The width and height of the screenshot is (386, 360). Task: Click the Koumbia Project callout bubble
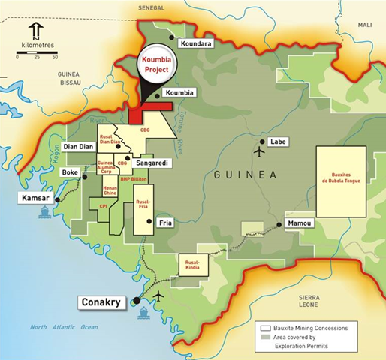point(158,64)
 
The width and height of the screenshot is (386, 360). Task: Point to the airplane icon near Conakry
point(158,295)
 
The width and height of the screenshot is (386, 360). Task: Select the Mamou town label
point(300,223)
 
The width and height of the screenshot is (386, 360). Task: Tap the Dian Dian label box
point(79,146)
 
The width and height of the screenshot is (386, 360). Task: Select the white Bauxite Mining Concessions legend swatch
point(265,328)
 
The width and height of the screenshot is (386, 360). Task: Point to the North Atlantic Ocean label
point(64,327)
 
